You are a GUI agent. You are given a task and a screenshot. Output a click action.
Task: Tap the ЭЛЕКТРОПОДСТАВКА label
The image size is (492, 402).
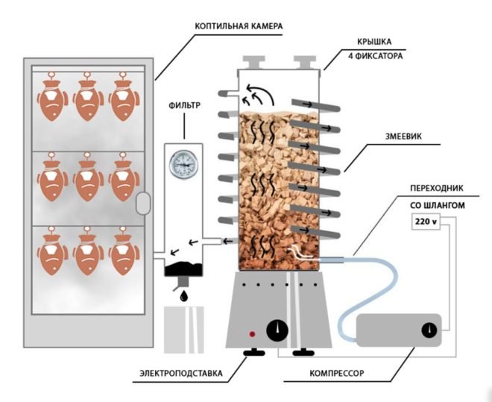180,371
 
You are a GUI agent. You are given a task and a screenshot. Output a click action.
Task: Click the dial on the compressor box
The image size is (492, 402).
429,330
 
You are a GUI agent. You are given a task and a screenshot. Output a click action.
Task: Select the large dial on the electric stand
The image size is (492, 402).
277,328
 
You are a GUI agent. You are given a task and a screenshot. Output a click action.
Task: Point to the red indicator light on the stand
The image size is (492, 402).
253,333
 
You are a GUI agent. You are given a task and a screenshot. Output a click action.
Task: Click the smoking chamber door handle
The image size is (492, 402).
143,202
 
